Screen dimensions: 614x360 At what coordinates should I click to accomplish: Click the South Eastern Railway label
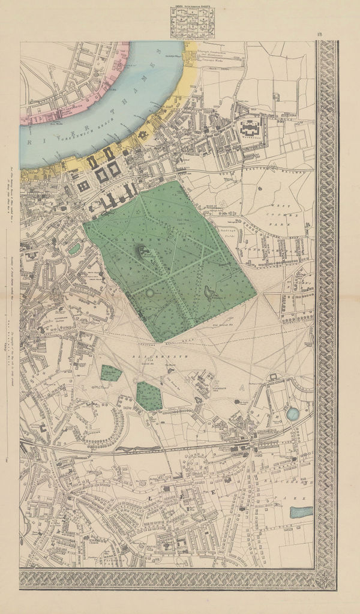pos(282,170)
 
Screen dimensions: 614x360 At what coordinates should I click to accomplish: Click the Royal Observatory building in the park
pos(144,253)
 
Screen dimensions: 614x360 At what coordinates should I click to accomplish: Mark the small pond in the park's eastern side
pos(211,293)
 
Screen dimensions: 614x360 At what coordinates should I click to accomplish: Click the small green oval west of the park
pos(74,248)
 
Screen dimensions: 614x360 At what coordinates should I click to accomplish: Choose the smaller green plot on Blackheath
pos(111,373)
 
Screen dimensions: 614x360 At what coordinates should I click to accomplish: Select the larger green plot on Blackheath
pos(149,396)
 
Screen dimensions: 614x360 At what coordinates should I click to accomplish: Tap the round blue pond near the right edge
pos(293,414)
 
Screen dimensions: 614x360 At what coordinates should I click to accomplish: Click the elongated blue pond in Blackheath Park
pos(301,512)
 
